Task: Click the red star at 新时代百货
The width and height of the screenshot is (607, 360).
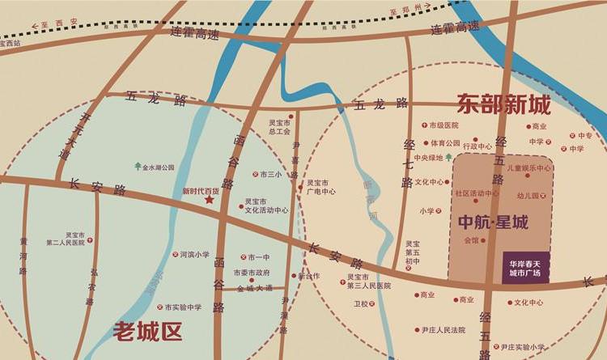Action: pos(210,200)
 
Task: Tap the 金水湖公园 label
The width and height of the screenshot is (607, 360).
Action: pos(159,167)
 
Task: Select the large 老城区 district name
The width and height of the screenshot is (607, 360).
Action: pos(148,330)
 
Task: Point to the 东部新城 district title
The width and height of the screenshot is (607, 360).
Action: pos(503,104)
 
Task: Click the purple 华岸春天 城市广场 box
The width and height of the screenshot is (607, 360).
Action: pos(525,266)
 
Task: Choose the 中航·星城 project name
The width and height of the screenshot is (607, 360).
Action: pos(493,221)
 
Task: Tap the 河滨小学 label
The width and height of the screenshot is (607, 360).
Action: pos(194,254)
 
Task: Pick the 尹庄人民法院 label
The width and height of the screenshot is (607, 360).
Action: pos(444,330)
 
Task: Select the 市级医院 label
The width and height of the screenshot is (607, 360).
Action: pos(444,125)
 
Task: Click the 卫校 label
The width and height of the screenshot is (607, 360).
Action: pos(360,304)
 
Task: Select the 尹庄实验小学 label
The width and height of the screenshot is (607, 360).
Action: pos(522,347)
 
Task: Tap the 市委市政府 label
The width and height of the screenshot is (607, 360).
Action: pos(251,273)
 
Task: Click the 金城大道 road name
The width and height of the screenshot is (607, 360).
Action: pos(255,287)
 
